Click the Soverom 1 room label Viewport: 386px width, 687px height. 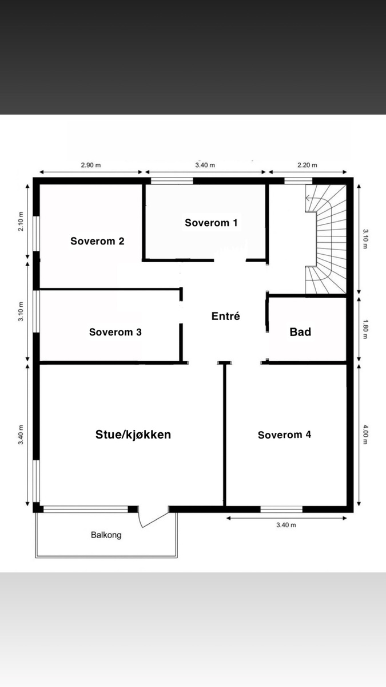211,223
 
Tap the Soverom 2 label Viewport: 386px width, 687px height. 97,241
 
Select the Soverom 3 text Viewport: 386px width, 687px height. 115,332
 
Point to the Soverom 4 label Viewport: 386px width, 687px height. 284,435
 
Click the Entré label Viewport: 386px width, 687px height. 226,316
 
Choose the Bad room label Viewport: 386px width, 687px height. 300,332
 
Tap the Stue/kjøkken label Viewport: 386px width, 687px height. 133,435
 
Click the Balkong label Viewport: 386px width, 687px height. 106,535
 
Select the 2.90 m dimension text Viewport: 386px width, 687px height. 91,165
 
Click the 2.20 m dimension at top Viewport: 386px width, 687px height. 307,165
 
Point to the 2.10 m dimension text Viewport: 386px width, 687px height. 21,222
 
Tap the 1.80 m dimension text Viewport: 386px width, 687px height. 365,329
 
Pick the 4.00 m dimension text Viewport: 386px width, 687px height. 365,435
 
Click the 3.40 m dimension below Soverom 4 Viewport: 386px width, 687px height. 286,525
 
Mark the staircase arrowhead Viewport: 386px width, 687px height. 307,199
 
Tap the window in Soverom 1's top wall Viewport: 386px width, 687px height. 172,181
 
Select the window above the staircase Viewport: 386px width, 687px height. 298,181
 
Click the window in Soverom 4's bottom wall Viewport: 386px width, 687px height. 281,510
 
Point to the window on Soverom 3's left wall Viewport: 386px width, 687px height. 37,311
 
